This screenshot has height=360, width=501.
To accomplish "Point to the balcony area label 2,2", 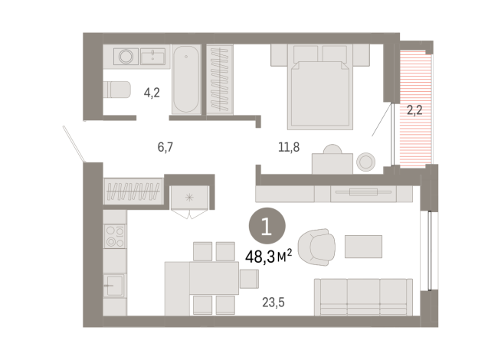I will pos(414,110).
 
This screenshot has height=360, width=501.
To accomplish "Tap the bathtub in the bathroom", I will pos(186,80).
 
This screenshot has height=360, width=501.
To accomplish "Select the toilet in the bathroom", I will pos(117,90).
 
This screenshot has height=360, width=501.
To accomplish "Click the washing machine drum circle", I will pos(125,56).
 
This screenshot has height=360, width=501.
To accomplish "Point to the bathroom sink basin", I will pos(155,55).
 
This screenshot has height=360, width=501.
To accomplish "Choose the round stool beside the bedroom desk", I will pos(366,161).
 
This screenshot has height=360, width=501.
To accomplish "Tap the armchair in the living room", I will pos(316,246).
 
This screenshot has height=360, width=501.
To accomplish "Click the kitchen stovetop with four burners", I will pos(115,237).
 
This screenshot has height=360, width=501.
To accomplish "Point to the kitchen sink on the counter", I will pos(115,286).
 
